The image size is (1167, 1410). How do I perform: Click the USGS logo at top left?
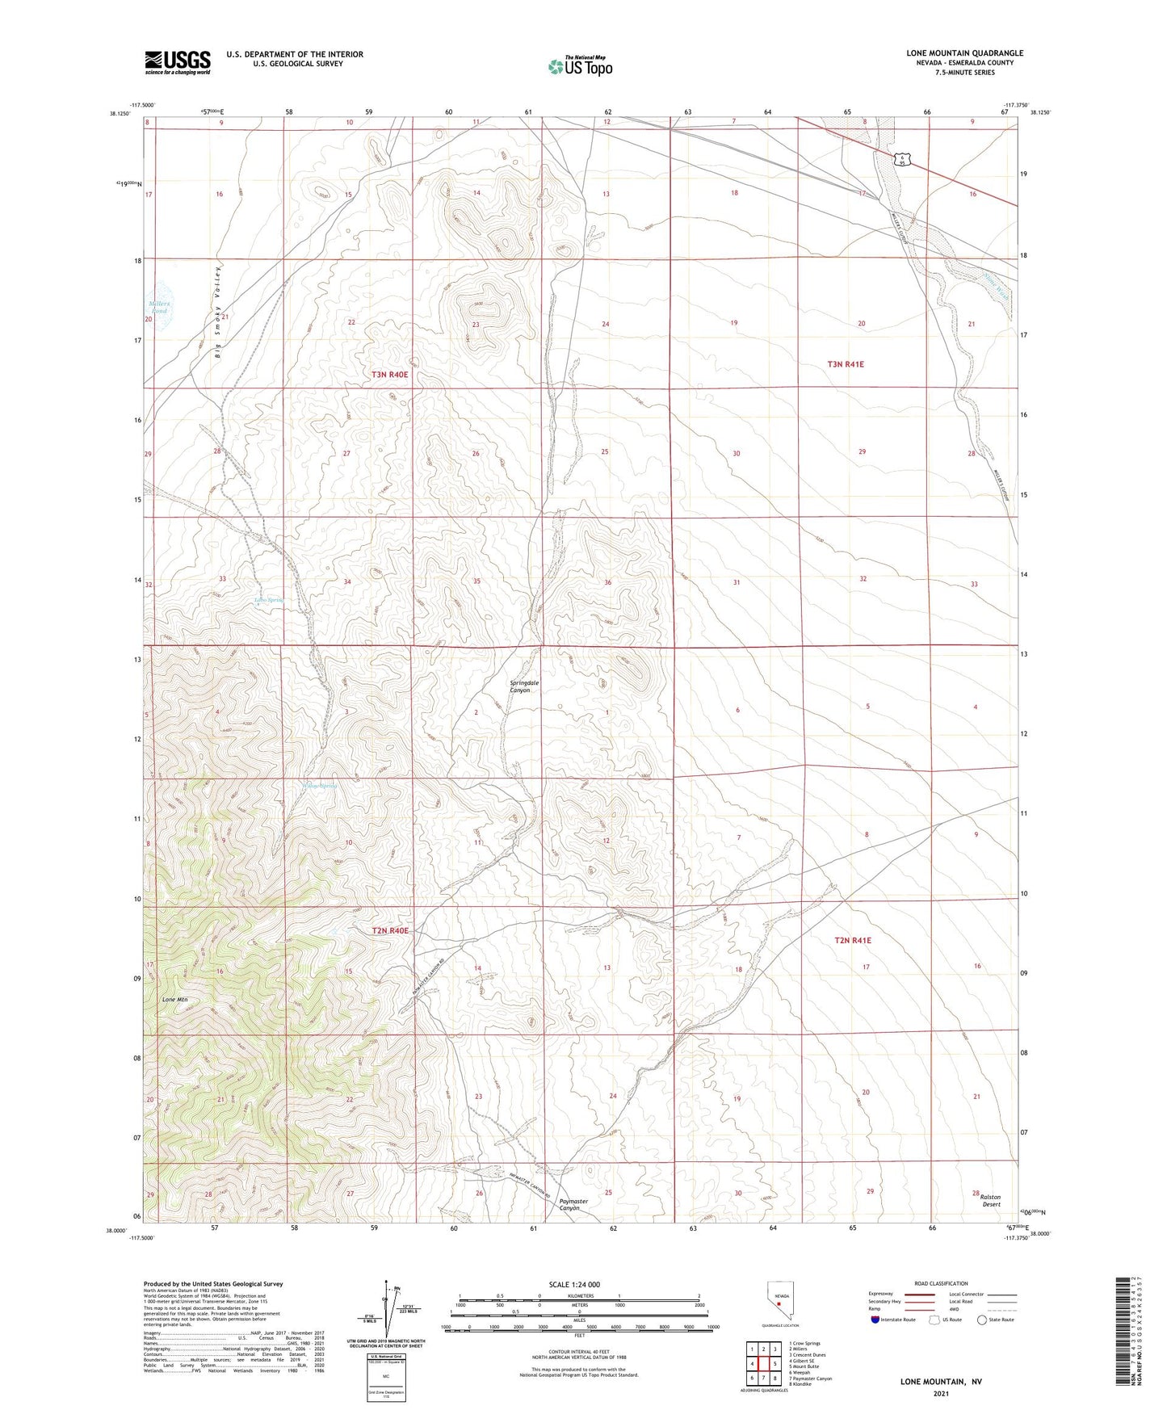[x=178, y=61]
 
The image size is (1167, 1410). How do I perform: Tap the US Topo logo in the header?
[x=580, y=66]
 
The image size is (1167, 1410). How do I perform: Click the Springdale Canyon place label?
[x=524, y=686]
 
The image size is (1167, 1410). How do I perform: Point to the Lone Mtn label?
[x=174, y=1000]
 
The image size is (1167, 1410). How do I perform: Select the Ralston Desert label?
[x=991, y=1201]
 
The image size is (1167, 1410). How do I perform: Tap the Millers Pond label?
[x=158, y=308]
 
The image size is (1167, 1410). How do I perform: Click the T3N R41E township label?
[x=845, y=364]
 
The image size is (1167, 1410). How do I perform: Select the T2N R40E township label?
[x=390, y=931]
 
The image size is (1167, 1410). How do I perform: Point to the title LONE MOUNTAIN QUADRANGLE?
[x=964, y=53]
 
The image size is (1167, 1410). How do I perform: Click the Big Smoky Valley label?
[x=217, y=311]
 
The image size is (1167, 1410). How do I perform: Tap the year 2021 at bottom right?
[x=941, y=1394]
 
